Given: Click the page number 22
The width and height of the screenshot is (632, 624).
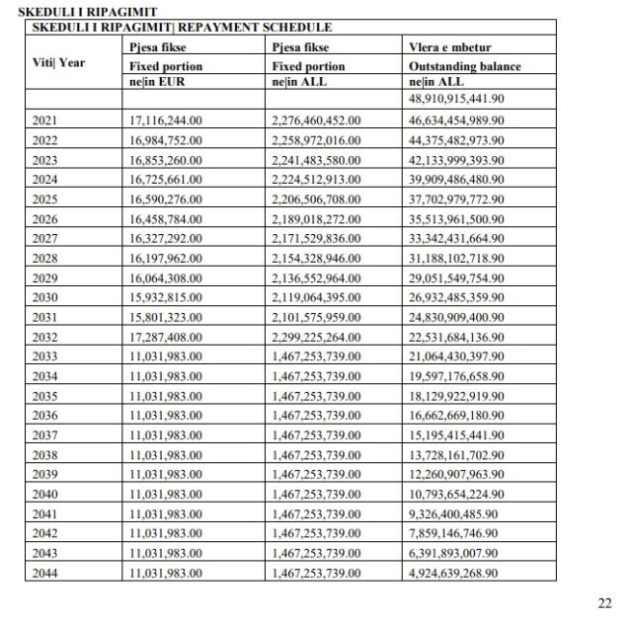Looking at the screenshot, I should pyautogui.click(x=604, y=603).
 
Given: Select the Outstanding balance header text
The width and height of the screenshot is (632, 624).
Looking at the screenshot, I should pyautogui.click(x=464, y=66).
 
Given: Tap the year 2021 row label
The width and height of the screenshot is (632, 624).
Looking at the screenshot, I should pyautogui.click(x=44, y=118).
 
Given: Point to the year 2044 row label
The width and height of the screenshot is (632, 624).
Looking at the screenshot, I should pyautogui.click(x=44, y=573).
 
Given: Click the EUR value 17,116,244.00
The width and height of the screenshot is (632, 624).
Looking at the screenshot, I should pyautogui.click(x=166, y=118).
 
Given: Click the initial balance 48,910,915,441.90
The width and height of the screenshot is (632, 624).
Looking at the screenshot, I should pyautogui.click(x=456, y=100).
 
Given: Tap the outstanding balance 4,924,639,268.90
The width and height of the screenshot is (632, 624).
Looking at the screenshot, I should pyautogui.click(x=456, y=573).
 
